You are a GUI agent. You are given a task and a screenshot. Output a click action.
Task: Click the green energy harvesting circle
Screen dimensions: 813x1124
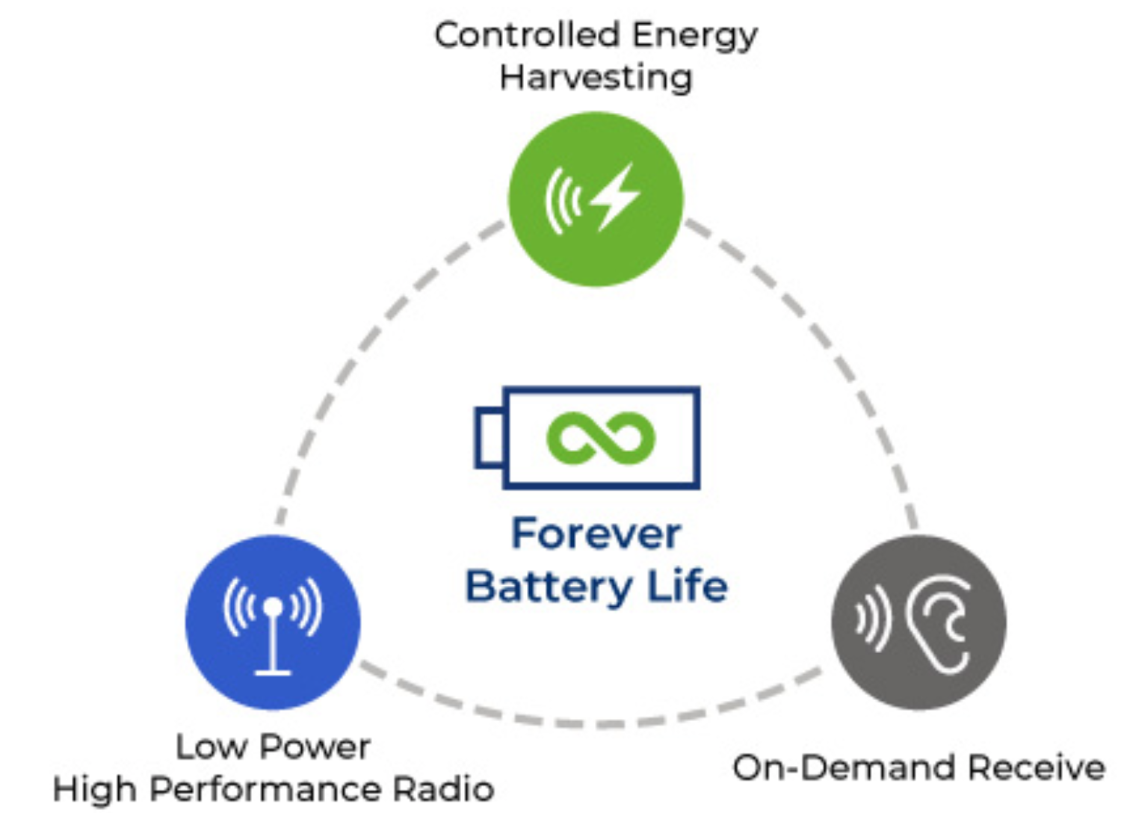(x=596, y=199)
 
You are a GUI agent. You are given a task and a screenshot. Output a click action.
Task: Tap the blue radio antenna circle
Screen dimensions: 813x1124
(x=273, y=622)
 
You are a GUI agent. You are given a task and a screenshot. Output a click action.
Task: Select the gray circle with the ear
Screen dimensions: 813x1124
(x=918, y=622)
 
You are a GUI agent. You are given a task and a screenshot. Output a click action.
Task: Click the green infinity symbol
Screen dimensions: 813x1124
(x=600, y=437)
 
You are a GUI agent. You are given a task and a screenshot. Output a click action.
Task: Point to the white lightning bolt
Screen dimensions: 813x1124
(x=616, y=197)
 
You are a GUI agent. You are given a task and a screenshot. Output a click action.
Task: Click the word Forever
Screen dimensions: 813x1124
(x=596, y=534)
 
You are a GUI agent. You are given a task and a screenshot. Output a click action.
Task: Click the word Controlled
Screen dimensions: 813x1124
(x=527, y=34)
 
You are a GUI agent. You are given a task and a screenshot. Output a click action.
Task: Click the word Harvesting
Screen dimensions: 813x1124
(x=596, y=78)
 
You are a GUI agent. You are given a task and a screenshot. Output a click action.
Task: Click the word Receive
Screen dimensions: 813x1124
(x=1036, y=767)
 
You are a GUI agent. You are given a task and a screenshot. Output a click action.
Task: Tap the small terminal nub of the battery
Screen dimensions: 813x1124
(x=489, y=437)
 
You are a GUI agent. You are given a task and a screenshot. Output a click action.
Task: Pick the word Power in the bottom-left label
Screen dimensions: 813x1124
(x=315, y=746)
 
